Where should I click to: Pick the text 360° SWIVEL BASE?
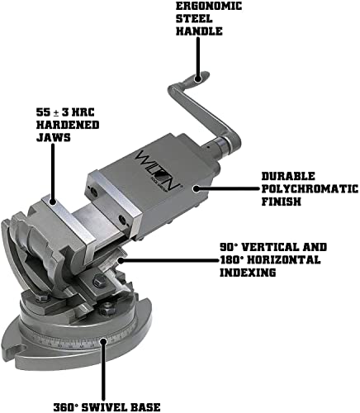point(103,406)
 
